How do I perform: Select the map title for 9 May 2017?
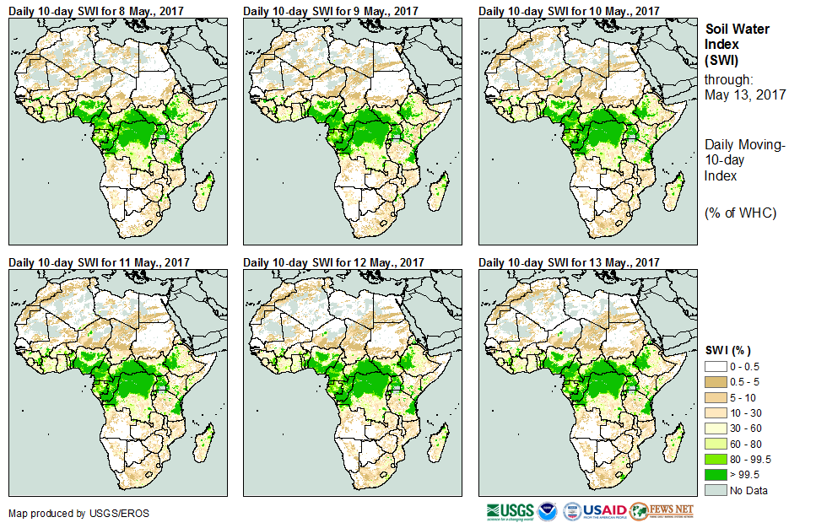[331, 10]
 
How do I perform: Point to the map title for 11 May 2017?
[100, 261]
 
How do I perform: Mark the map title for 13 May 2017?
[569, 261]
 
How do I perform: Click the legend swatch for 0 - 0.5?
[716, 365]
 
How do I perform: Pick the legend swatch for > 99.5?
[716, 474]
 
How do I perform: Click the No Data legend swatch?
[716, 491]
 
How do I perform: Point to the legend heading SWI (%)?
[728, 349]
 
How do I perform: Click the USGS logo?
[510, 511]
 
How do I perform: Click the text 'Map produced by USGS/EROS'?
[65, 514]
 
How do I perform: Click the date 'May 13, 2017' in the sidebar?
[744, 95]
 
